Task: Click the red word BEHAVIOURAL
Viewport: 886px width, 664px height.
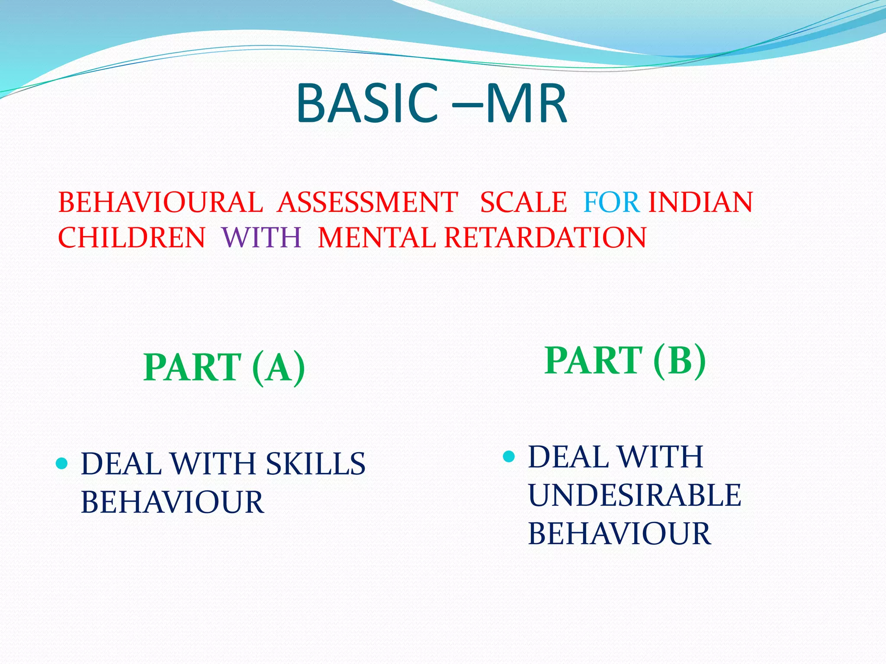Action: coord(161,202)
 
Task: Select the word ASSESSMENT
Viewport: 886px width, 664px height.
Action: coord(367,202)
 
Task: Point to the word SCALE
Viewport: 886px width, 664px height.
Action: coord(523,202)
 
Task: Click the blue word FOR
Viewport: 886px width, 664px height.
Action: coord(611,202)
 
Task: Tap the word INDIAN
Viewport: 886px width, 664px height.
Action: coord(700,202)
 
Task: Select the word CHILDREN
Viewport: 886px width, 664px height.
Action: coord(132,238)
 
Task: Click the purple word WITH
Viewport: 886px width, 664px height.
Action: coord(261,238)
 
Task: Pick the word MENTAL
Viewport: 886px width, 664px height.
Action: coord(376,238)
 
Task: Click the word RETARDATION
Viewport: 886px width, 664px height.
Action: coord(545,238)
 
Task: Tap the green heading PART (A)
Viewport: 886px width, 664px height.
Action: coord(224,367)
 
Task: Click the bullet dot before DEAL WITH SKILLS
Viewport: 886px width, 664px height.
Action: coord(62,464)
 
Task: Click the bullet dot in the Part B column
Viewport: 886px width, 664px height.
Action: coord(509,456)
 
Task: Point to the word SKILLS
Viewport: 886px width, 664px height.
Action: coord(315,464)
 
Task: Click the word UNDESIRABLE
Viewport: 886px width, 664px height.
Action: coord(635,495)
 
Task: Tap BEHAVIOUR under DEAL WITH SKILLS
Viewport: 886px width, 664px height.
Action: coord(172,502)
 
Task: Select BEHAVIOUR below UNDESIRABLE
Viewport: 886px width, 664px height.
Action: coord(619,533)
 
